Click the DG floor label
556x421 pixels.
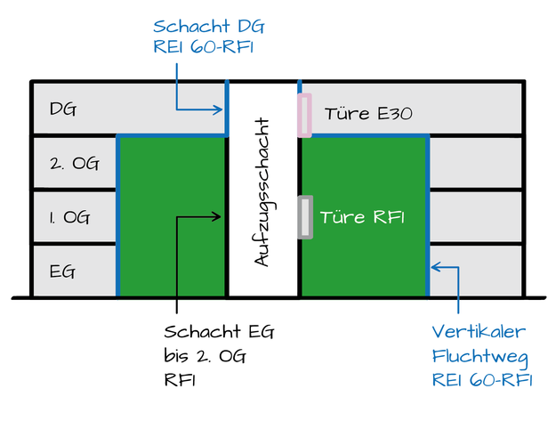[62, 110]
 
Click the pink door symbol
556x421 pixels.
[304, 115]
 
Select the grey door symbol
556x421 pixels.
[305, 217]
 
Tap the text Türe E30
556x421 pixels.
[367, 114]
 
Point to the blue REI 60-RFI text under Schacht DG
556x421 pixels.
[204, 47]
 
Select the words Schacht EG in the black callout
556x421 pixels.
[219, 332]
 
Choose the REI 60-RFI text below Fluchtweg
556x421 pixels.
[481, 380]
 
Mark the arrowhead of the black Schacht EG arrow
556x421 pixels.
[220, 215]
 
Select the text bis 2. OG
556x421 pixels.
[204, 356]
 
